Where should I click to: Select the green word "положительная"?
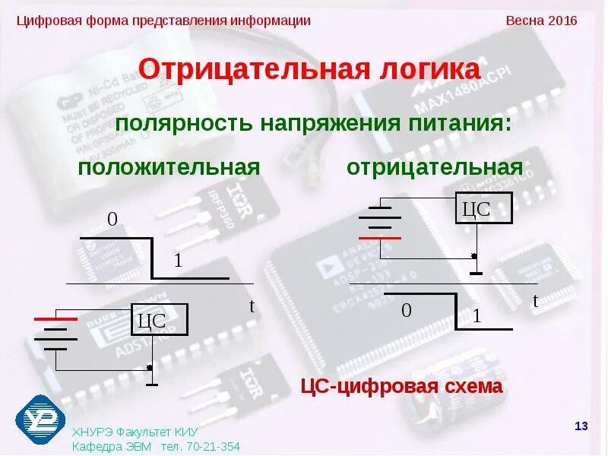[169, 167]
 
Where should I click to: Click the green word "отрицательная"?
[435, 167]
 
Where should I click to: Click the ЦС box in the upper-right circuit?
[484, 208]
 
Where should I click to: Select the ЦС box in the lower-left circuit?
[159, 321]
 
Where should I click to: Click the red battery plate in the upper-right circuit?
[380, 237]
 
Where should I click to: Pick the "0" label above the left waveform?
[112, 220]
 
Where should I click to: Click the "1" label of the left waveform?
[178, 261]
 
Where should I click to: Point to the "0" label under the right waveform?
[407, 311]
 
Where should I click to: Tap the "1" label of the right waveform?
[477, 316]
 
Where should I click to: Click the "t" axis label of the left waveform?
[252, 306]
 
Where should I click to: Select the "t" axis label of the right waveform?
[535, 301]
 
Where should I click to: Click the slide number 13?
[581, 426]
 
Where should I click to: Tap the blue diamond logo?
[40, 420]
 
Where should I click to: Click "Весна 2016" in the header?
[541, 21]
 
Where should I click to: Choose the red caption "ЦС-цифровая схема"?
[401, 386]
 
